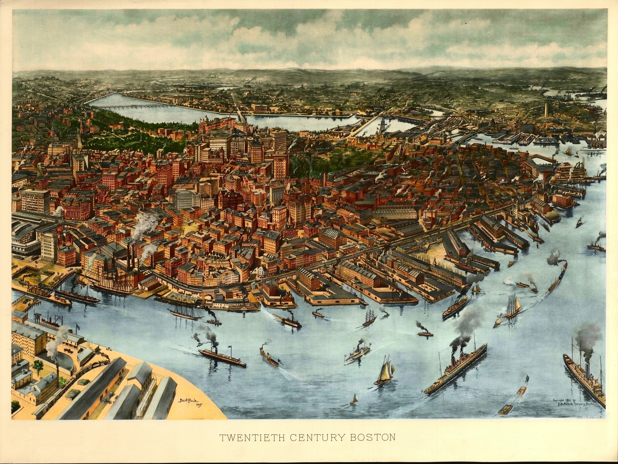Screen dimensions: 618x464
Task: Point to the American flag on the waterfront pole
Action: point(78,325)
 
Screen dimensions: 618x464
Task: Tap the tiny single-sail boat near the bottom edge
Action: point(355,400)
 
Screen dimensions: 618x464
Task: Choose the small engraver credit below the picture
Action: point(587,418)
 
